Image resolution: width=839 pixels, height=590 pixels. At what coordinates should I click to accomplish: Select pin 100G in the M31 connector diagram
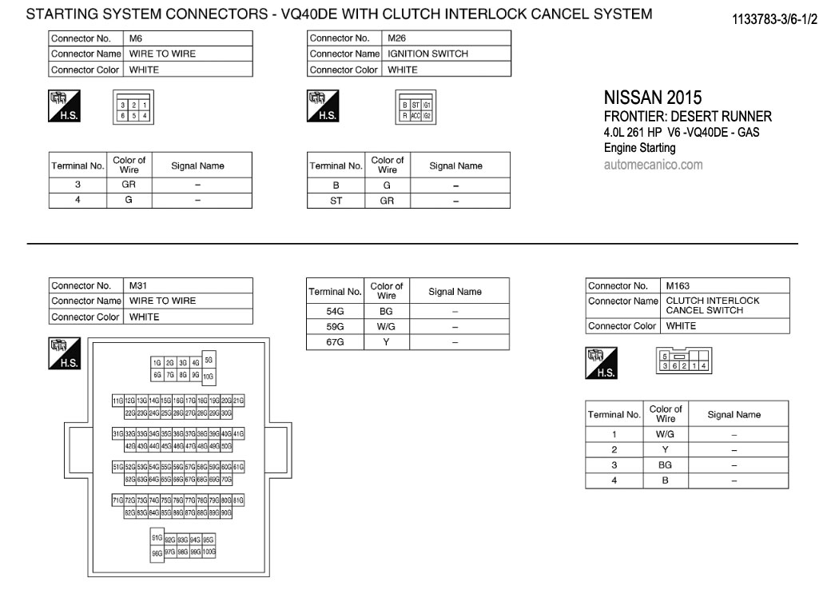(x=209, y=552)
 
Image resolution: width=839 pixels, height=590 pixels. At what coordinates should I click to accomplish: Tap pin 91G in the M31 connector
(x=157, y=537)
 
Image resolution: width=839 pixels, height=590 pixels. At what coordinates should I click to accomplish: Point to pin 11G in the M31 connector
(x=117, y=400)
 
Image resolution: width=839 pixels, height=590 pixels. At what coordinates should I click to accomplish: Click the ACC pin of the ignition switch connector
(x=416, y=115)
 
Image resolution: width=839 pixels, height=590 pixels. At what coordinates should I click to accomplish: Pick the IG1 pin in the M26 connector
(x=427, y=105)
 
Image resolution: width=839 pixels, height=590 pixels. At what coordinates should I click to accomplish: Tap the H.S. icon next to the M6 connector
(x=63, y=105)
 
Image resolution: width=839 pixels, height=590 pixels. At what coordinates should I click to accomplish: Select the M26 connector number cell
(x=446, y=38)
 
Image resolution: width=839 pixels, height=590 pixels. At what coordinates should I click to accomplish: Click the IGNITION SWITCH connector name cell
(x=446, y=54)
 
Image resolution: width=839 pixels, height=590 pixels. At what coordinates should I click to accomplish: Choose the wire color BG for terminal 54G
(x=387, y=311)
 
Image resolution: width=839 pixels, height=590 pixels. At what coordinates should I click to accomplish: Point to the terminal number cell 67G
(x=336, y=342)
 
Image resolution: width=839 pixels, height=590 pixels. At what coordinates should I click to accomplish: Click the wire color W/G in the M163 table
(x=665, y=434)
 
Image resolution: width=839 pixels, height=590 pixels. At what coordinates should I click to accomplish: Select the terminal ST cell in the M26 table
(x=336, y=201)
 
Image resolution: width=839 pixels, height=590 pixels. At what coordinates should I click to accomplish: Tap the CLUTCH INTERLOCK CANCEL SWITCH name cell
(x=725, y=305)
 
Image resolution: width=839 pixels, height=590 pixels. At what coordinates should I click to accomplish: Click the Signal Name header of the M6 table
(x=197, y=166)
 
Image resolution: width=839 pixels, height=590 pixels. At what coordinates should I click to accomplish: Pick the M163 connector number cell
(x=725, y=285)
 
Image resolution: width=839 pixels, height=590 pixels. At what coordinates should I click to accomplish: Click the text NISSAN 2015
(x=652, y=98)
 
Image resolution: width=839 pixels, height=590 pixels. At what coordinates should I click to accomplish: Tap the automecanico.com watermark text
(x=653, y=165)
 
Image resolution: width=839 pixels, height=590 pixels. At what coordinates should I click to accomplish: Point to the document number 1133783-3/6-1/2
(x=774, y=18)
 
